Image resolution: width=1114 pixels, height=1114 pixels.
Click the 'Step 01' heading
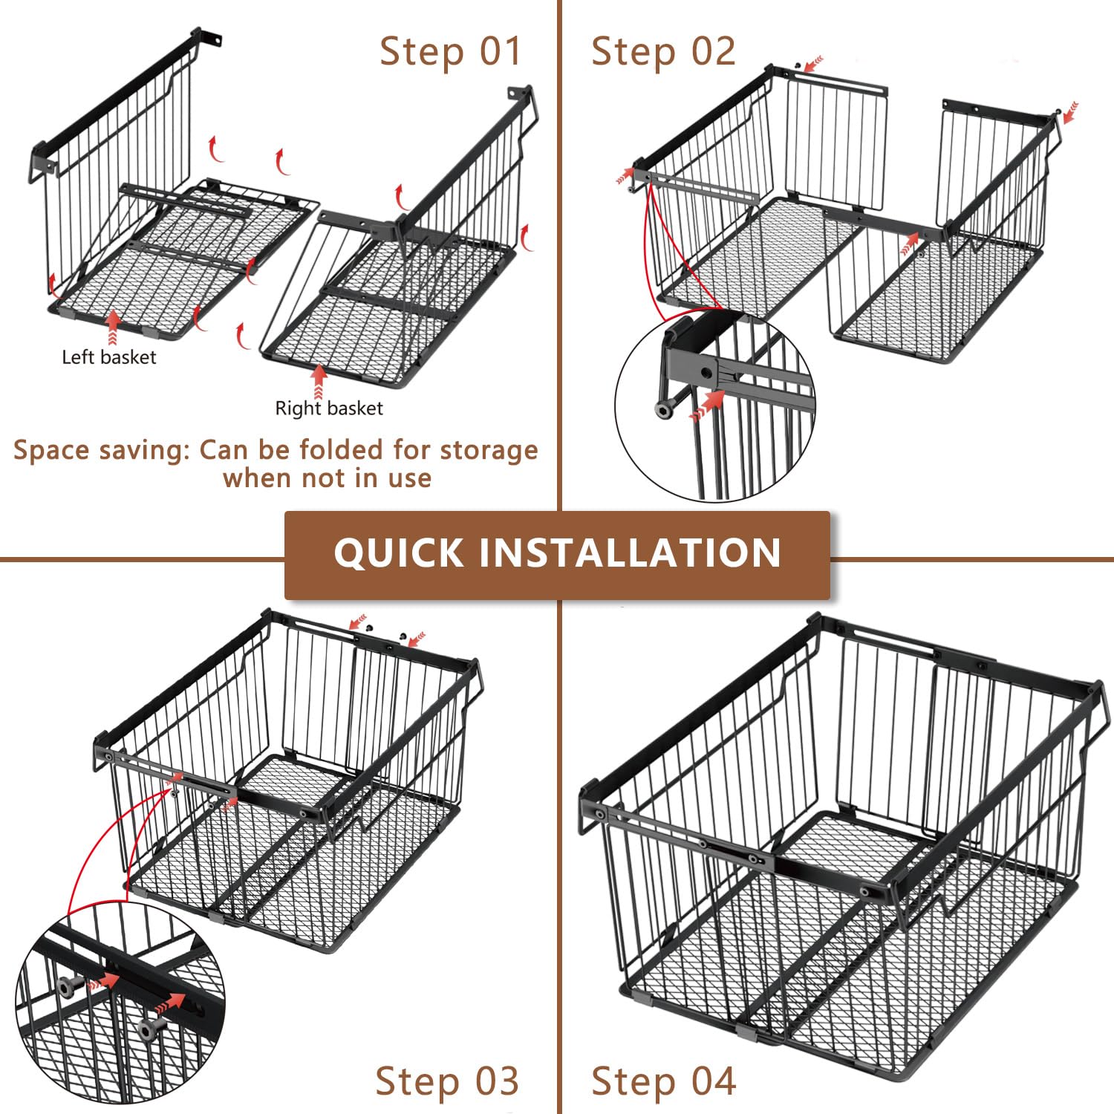pyautogui.click(x=451, y=51)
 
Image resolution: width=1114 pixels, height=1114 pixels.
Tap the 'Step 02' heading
pyautogui.click(x=663, y=51)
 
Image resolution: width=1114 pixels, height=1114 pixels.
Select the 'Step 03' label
pyautogui.click(x=446, y=1081)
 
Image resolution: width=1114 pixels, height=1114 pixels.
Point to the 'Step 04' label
pyautogui.click(x=663, y=1081)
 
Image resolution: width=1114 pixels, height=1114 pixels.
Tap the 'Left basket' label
pyautogui.click(x=109, y=357)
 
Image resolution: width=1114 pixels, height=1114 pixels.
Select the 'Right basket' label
pyautogui.click(x=329, y=408)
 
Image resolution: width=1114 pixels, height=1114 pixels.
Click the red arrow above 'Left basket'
pyautogui.click(x=113, y=328)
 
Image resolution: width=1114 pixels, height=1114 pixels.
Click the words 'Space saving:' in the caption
pyautogui.click(x=102, y=451)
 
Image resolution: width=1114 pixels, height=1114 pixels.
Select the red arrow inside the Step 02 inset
pyautogui.click(x=708, y=405)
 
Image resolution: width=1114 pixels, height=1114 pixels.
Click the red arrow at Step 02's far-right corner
pyautogui.click(x=1070, y=113)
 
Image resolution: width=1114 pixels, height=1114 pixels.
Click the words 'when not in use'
pyautogui.click(x=327, y=478)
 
